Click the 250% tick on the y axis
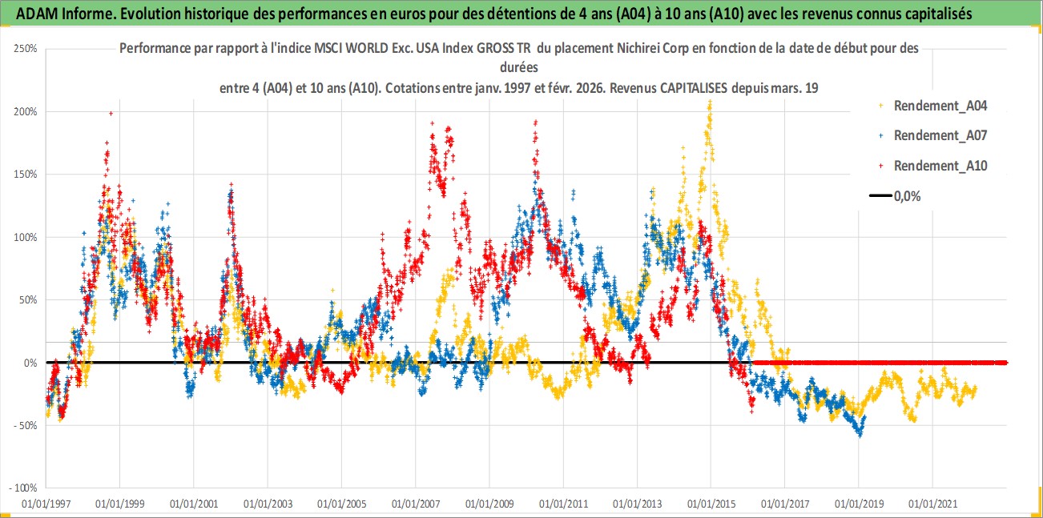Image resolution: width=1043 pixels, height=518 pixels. click(26, 49)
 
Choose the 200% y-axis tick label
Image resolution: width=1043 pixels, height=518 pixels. click(26, 111)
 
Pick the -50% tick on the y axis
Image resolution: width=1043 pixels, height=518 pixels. click(26, 425)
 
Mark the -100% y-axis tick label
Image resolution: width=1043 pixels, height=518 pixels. click(24, 488)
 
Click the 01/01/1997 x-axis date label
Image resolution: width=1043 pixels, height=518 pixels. click(46, 504)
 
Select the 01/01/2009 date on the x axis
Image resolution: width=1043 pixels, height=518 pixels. click(489, 504)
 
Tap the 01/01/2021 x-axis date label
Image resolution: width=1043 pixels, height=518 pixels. click(932, 504)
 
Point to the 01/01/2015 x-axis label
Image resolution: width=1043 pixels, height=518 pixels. click(711, 504)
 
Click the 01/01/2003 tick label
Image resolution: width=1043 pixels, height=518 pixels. click(268, 504)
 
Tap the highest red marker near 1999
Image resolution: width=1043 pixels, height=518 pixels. click(111, 114)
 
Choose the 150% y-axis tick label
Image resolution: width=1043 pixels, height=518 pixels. click(26, 174)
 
